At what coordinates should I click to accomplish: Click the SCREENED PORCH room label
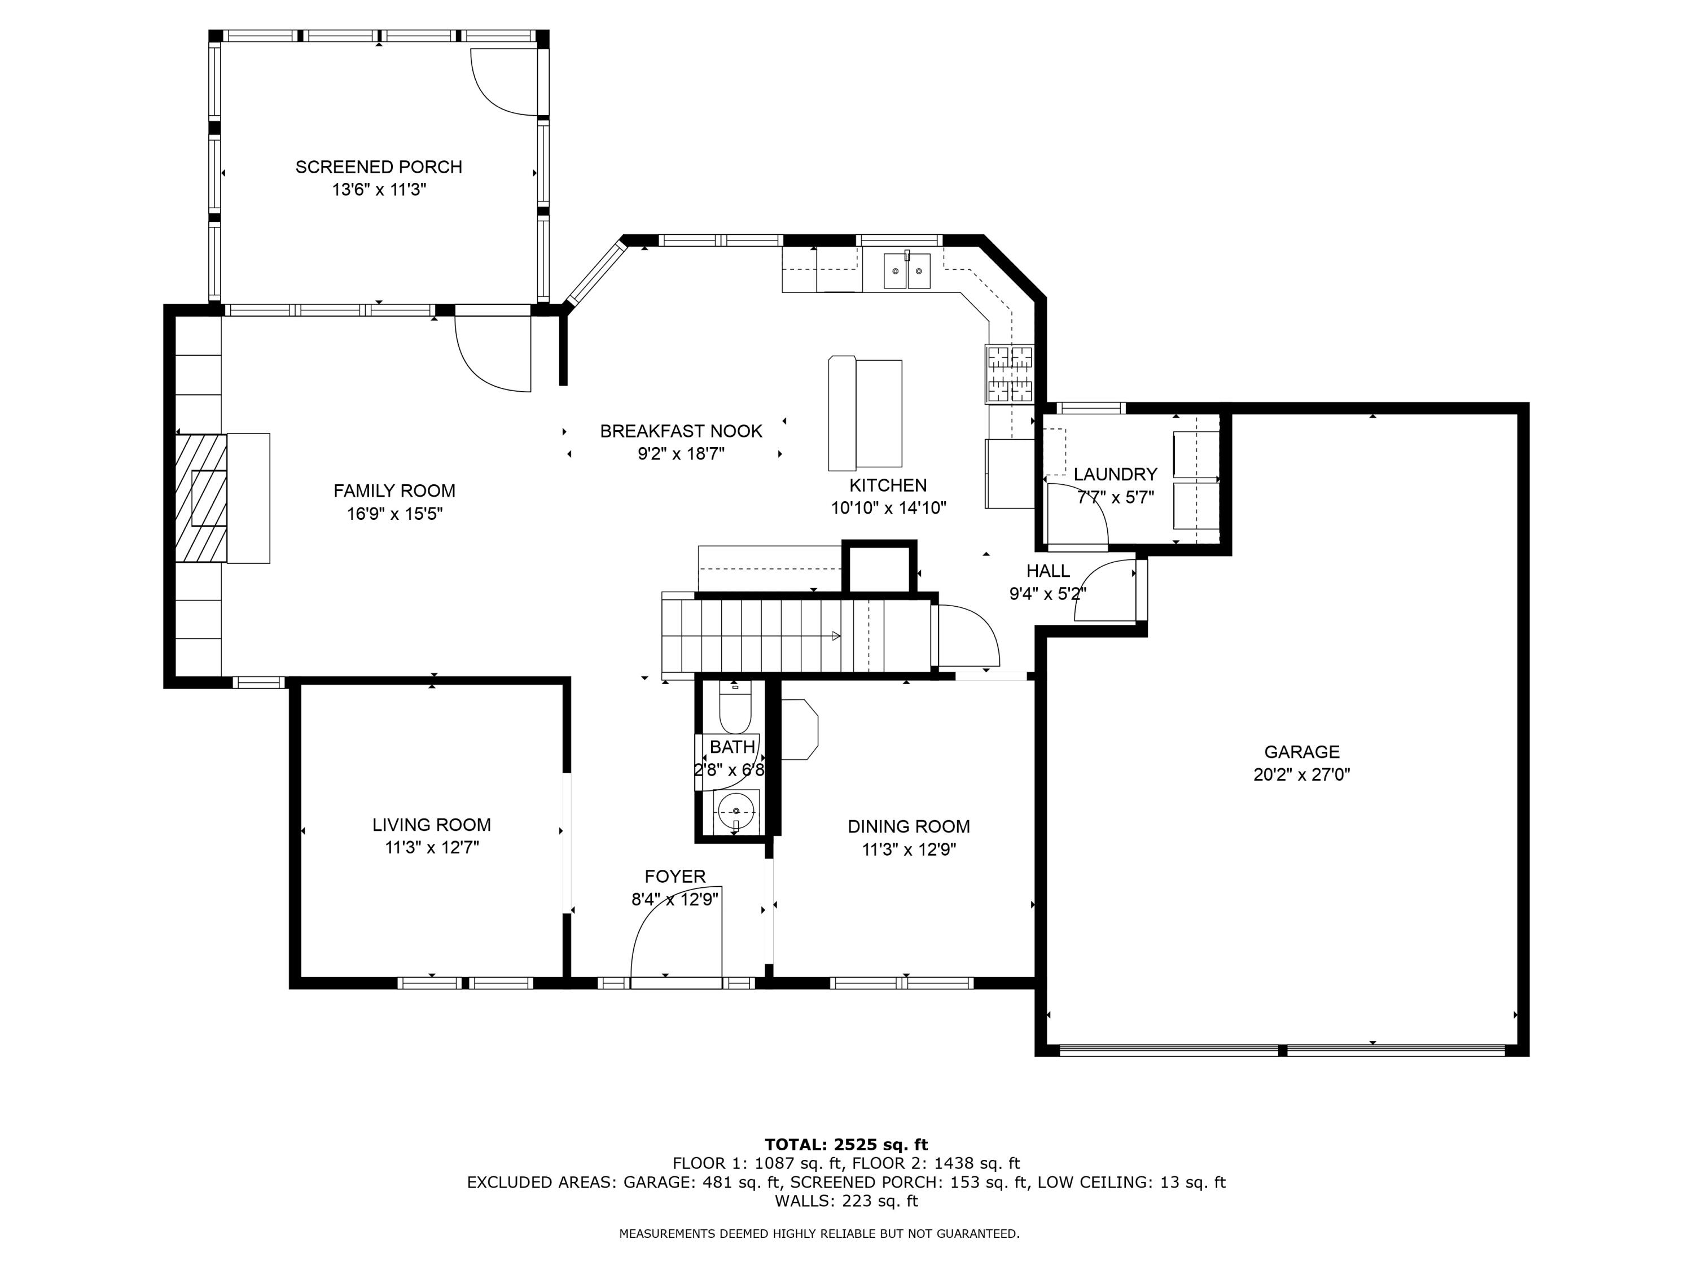click(x=379, y=167)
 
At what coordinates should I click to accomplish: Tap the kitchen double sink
click(x=907, y=271)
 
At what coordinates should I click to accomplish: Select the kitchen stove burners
click(x=1010, y=374)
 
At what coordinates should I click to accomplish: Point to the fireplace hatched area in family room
click(x=200, y=498)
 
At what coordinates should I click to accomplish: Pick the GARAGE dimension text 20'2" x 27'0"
click(x=1301, y=774)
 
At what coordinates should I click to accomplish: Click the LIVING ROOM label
click(x=432, y=825)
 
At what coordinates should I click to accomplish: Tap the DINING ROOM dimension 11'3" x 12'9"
click(x=909, y=849)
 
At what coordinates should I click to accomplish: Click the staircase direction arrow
click(x=836, y=636)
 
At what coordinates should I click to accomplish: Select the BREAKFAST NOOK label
click(x=681, y=431)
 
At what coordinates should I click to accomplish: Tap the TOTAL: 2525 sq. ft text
click(x=846, y=1145)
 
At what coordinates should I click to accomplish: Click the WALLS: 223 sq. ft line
click(x=846, y=1201)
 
